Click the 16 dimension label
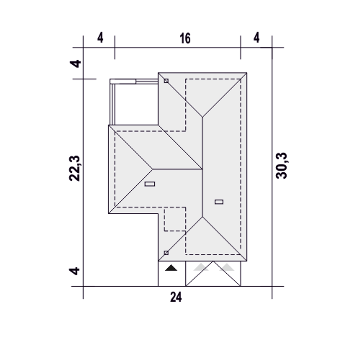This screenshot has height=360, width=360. tap(185, 39)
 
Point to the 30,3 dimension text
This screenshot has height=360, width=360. tap(281, 166)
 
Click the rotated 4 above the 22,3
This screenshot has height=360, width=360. tap(75, 64)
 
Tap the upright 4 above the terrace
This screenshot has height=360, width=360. tap(100, 38)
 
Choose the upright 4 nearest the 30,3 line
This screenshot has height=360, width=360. tap(256, 38)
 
